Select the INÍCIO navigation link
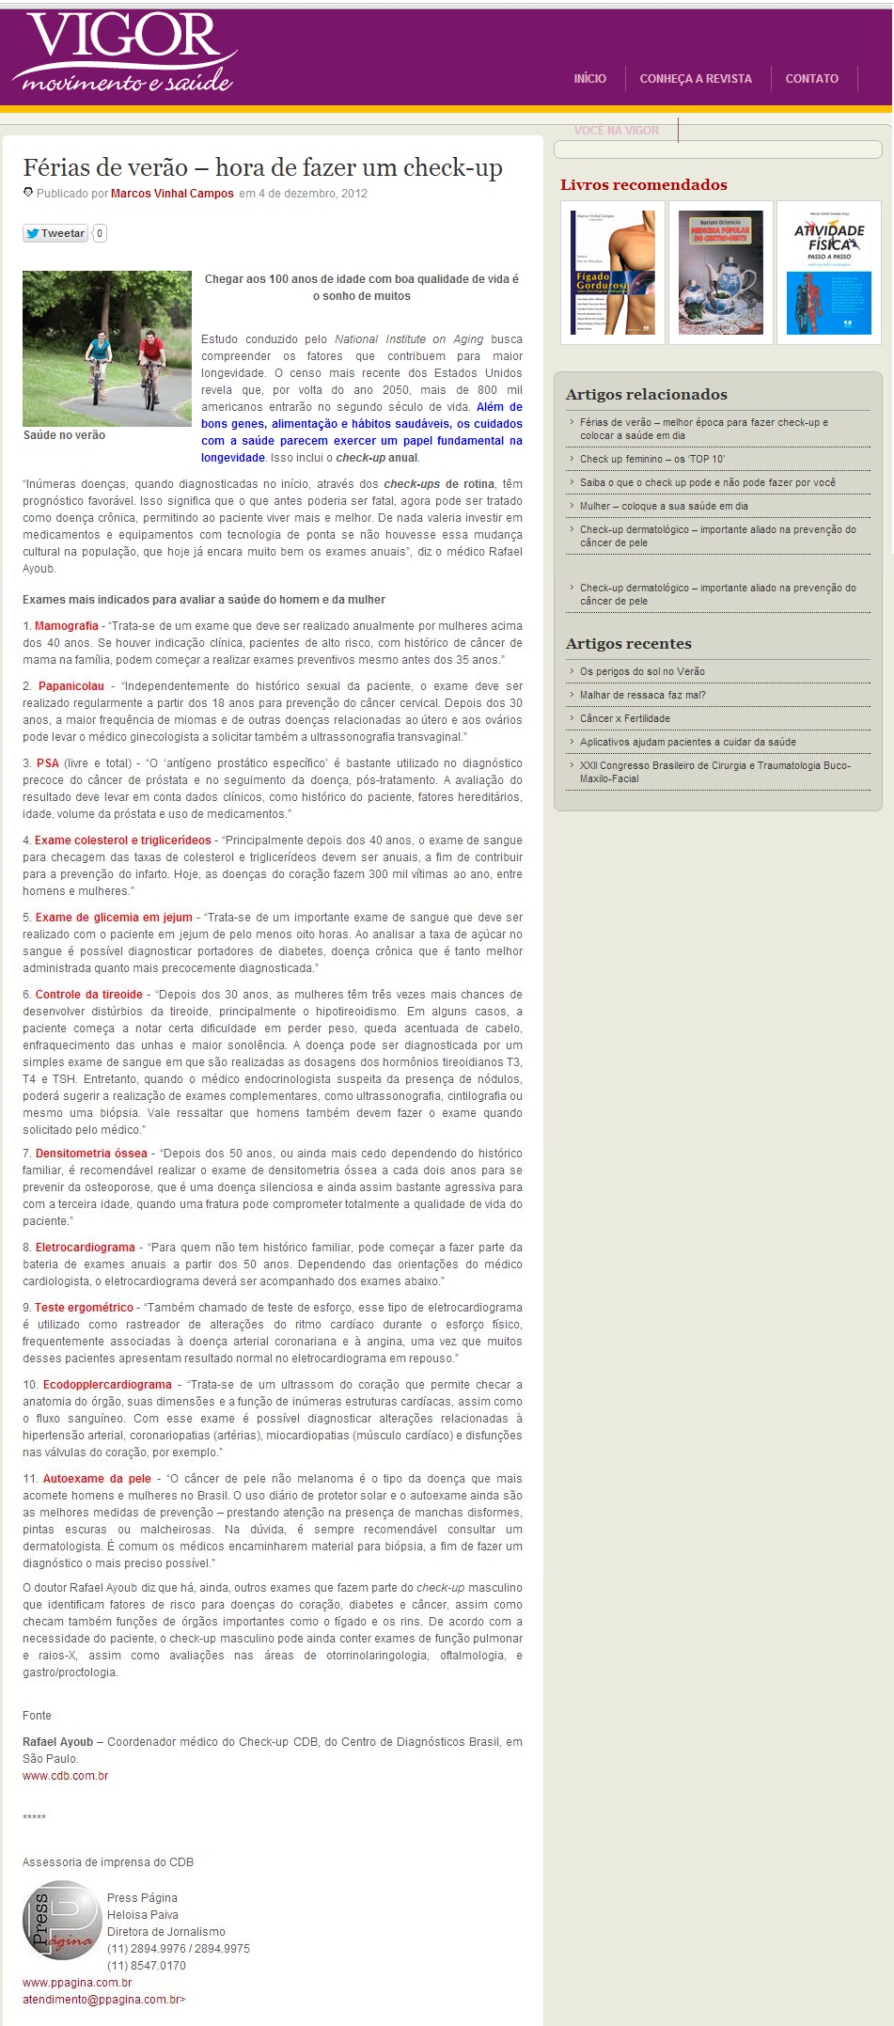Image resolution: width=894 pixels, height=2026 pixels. pyautogui.click(x=589, y=79)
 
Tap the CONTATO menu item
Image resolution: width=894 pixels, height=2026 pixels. pyautogui.click(x=811, y=79)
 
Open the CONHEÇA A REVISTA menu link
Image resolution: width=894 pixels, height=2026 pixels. pyautogui.click(x=696, y=79)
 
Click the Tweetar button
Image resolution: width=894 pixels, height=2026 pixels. pyautogui.click(x=55, y=233)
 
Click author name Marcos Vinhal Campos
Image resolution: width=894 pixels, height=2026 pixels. pyautogui.click(x=172, y=194)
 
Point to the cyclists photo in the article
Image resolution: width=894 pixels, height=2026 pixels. pyautogui.click(x=107, y=349)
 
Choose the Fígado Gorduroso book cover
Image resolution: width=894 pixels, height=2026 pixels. pyautogui.click(x=613, y=273)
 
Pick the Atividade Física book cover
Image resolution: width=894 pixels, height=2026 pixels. pyautogui.click(x=828, y=273)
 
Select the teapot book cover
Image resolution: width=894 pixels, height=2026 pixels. pyautogui.click(x=720, y=273)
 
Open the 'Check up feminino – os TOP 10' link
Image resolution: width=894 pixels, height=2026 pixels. pyautogui.click(x=651, y=459)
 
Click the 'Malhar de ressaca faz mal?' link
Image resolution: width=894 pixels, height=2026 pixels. pyautogui.click(x=642, y=695)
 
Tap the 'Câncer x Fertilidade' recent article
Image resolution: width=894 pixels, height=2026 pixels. pyautogui.click(x=624, y=718)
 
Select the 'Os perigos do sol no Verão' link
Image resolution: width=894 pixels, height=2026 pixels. pyautogui.click(x=642, y=671)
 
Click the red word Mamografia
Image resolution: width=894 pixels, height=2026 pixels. pyautogui.click(x=67, y=626)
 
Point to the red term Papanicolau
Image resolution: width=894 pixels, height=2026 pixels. pyautogui.click(x=71, y=686)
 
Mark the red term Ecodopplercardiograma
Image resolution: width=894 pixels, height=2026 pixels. pyautogui.click(x=107, y=1385)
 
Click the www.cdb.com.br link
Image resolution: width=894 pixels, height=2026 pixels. pyautogui.click(x=66, y=1776)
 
